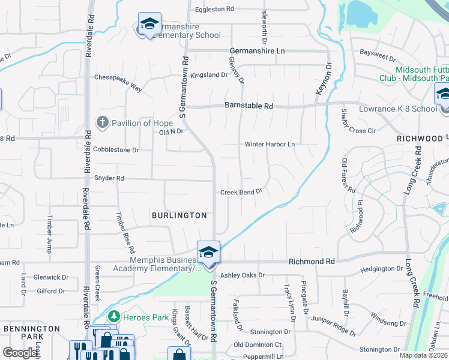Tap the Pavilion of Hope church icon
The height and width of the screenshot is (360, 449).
103,123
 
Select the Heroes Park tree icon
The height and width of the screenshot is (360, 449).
113,316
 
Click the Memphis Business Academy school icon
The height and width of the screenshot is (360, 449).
208,253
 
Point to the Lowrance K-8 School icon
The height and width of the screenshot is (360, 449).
443,95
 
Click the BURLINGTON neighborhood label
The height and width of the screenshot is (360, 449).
179,215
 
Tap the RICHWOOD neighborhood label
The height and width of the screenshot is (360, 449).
419,139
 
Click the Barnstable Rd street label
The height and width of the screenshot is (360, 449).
249,106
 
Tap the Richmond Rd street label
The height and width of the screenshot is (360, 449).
312,262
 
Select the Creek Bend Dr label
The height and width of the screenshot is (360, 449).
242,192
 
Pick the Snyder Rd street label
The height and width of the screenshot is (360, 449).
109,179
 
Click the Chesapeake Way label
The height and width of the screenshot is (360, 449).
118,83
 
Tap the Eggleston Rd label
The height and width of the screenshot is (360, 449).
214,10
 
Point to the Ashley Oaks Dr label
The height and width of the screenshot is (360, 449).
243,275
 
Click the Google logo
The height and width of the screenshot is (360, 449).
20,353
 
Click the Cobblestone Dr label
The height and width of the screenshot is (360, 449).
116,150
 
